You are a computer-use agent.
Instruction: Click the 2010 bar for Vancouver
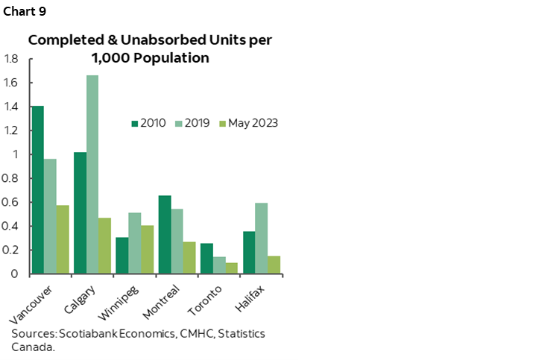(x=37, y=190)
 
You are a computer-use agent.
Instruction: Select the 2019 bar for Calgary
(x=92, y=174)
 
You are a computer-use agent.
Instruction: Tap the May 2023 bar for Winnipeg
(x=147, y=249)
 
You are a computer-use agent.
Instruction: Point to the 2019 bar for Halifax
(x=261, y=238)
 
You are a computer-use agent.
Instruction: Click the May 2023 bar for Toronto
(x=232, y=268)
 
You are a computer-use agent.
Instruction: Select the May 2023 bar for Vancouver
(x=63, y=239)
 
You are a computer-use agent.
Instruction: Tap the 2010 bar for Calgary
(x=80, y=212)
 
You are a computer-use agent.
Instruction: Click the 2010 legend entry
(x=149, y=123)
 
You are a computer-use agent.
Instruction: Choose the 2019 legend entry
(x=192, y=123)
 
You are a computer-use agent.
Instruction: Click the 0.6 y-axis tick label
(x=10, y=202)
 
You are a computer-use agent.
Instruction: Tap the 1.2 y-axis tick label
(x=10, y=130)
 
